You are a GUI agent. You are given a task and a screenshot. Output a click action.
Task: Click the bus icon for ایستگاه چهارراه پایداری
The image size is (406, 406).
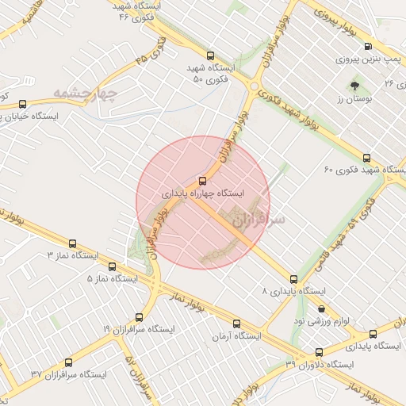tap(203, 180)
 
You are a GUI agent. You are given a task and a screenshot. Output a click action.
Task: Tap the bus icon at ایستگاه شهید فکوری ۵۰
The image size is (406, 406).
tap(210, 56)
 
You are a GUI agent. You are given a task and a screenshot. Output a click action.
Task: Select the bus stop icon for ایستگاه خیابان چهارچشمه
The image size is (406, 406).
tap(22, 103)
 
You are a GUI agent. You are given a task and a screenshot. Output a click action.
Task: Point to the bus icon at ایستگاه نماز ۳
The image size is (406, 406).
tap(74, 243)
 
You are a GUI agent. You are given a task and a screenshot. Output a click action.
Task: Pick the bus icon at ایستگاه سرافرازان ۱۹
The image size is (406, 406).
tap(140, 316)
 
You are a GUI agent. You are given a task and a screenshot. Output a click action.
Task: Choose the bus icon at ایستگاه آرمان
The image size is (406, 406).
tap(237, 323)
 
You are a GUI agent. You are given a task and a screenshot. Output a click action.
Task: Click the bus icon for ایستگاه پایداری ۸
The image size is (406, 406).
tap(294, 279)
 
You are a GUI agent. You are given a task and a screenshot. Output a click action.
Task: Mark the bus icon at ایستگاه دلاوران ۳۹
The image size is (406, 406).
tap(319, 350)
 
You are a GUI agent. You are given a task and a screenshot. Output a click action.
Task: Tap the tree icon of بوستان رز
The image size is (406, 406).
tap(353, 82)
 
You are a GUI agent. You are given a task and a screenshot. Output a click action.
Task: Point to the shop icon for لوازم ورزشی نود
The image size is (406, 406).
tap(321, 307)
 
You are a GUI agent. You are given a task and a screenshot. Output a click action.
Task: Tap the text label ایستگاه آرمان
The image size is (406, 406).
tap(236, 337)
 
